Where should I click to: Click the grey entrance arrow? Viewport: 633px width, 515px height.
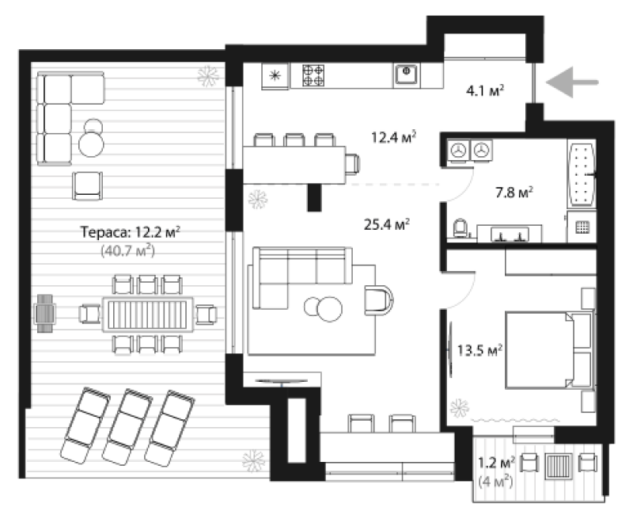572,82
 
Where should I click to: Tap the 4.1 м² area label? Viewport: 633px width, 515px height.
485,90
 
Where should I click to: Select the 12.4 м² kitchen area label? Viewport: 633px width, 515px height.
393,137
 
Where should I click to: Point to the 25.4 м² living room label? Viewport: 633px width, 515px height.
387,224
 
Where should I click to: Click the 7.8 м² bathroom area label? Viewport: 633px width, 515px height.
514,192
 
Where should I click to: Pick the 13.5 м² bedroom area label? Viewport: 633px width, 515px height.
479,349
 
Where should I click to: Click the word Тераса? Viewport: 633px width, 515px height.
105,232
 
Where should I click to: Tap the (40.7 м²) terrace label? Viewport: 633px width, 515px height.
127,250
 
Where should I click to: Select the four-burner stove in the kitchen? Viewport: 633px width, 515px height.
313,75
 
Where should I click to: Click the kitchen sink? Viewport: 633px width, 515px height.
407,74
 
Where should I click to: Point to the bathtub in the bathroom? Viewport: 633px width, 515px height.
582,175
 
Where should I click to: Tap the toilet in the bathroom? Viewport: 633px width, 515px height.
461,228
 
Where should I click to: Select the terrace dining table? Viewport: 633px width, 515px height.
148,315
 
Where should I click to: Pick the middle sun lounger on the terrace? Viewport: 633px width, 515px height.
127,427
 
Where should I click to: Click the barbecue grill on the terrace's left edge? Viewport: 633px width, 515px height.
45,314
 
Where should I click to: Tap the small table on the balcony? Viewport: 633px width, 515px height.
559,466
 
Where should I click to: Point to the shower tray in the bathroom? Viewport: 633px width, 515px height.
582,227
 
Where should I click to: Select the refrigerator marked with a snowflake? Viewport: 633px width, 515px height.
275,75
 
